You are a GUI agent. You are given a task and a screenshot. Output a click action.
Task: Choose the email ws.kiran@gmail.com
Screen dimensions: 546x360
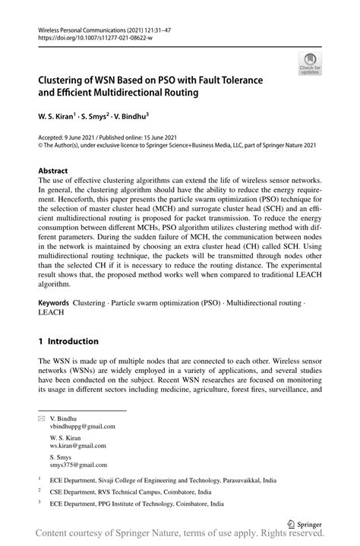tap(77, 446)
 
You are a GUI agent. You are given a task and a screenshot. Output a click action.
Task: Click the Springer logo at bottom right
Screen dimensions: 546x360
tap(305, 523)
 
